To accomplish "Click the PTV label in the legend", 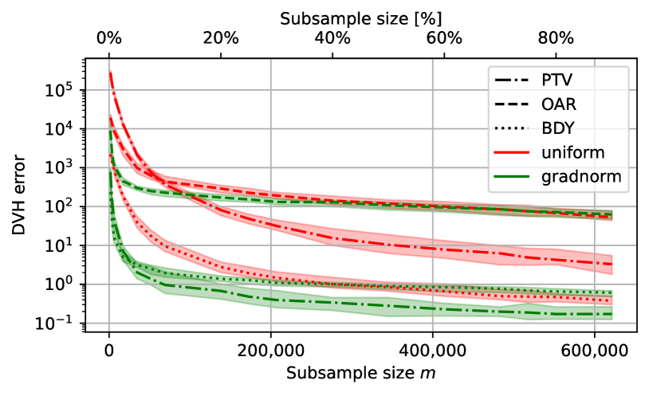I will [557, 80].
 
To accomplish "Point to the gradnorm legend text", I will [581, 176].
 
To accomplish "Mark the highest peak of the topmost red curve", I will [110, 71].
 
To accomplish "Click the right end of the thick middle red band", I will [612, 265].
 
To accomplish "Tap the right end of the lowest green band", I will [612, 314].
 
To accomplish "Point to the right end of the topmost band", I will [612, 215].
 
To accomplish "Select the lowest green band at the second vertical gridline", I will [271, 301].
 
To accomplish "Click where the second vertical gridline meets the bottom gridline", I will [271, 323].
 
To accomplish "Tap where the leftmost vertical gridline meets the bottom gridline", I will [109, 323].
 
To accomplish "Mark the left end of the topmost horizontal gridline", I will [88, 90].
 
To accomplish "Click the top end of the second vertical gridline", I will [271, 60].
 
